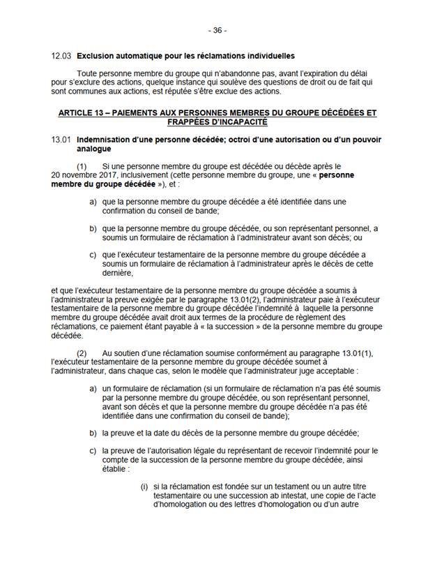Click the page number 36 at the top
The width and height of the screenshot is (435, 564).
(x=217, y=31)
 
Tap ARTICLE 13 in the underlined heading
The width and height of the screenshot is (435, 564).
(x=79, y=112)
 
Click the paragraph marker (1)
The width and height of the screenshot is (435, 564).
(x=82, y=166)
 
